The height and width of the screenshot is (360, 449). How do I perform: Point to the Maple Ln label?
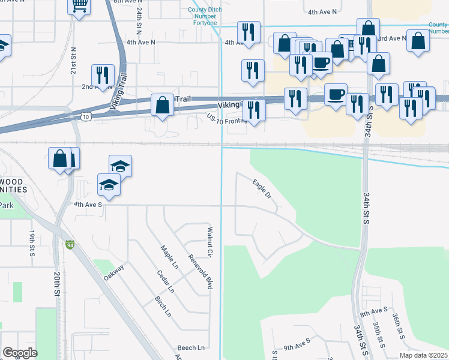[x=169, y=257]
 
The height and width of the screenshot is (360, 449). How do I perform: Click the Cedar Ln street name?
[x=165, y=281]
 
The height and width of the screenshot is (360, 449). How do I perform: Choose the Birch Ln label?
[x=163, y=305]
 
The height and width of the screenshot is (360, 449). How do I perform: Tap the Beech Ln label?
[x=190, y=347]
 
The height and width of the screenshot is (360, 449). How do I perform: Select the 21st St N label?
[x=73, y=61]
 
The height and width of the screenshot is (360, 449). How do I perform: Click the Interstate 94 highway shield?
[x=70, y=245]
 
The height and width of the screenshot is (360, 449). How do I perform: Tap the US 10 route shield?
[x=88, y=116]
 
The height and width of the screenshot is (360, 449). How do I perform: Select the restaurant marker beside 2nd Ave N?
[x=103, y=76]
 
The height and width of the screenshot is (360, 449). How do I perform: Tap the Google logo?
[x=20, y=353]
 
